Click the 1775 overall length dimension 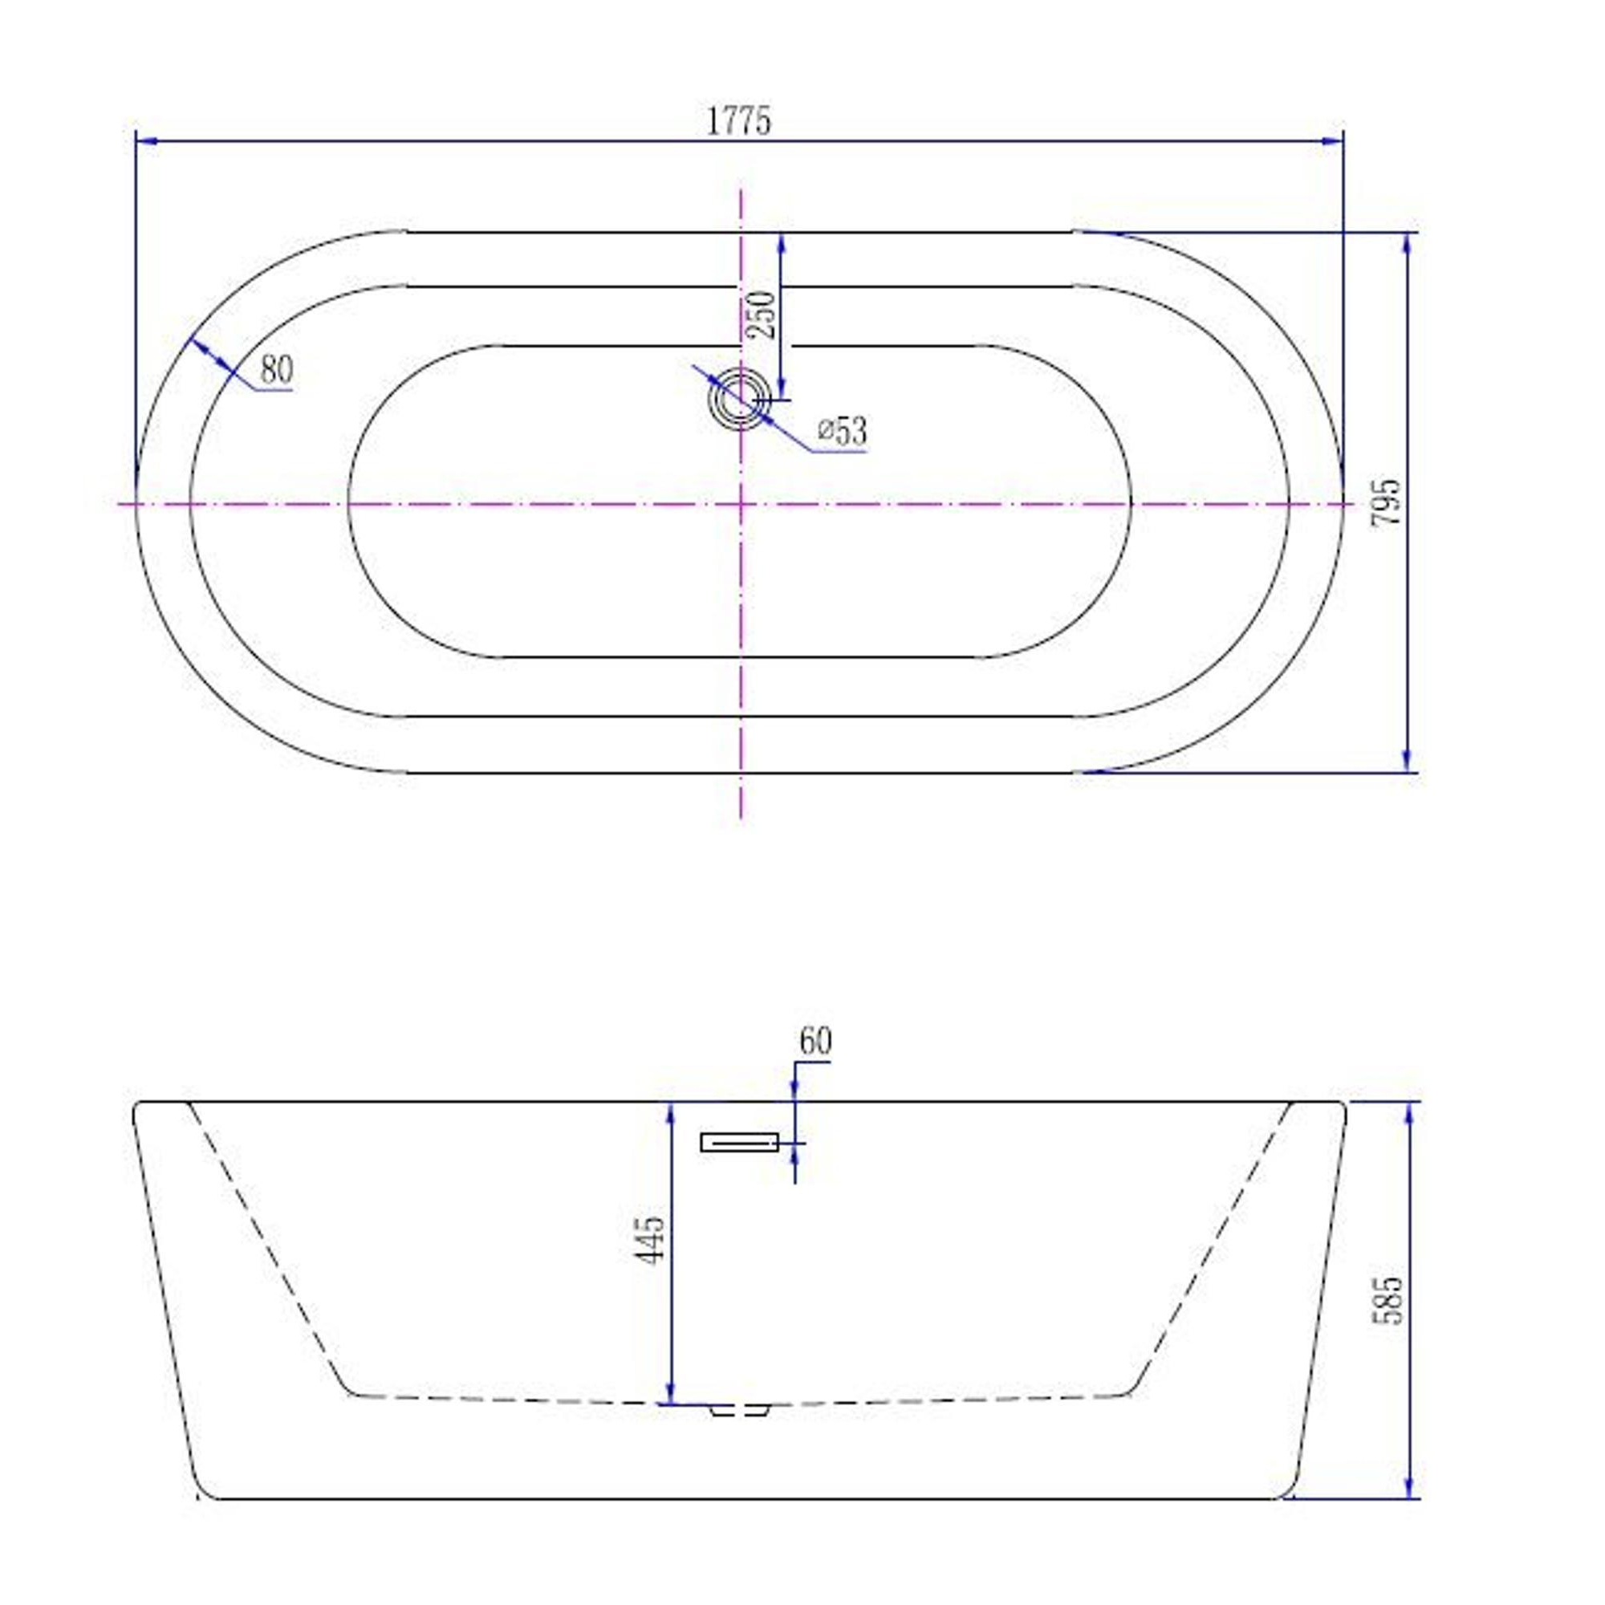coord(738,121)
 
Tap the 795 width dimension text coord(1386,501)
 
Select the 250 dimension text coord(762,315)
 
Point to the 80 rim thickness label coord(277,370)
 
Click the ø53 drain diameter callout coord(843,431)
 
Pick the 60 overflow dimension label coord(815,1042)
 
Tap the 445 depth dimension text coord(650,1241)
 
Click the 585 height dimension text coord(1387,1300)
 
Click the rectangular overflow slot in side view coord(740,1142)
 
